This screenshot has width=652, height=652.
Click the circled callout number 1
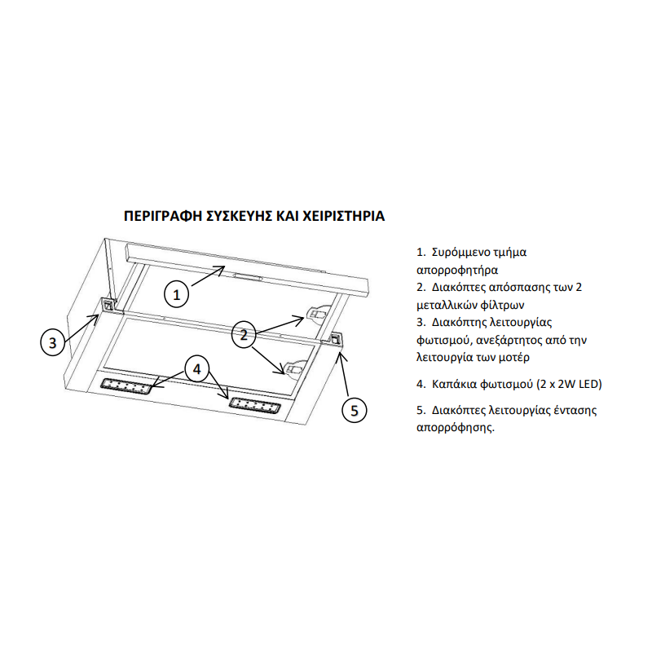click(x=177, y=295)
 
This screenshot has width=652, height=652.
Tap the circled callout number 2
click(x=244, y=335)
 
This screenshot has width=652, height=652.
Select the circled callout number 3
click(x=53, y=342)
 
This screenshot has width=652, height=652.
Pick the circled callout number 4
click(x=196, y=369)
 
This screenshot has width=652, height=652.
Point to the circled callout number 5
click(x=355, y=411)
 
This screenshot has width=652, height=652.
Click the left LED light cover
click(x=126, y=386)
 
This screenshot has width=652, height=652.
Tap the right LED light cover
click(x=254, y=404)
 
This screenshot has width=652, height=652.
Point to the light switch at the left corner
click(x=108, y=305)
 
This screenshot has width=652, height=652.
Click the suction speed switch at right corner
click(x=335, y=339)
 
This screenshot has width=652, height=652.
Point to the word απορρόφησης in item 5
click(x=456, y=428)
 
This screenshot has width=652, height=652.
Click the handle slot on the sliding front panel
click(x=249, y=275)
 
